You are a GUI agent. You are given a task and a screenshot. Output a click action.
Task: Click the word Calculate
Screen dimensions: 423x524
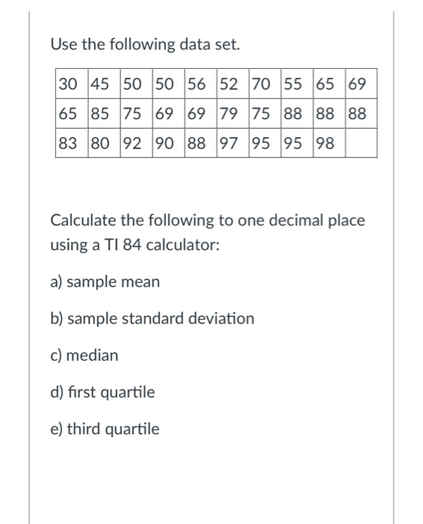tap(81, 221)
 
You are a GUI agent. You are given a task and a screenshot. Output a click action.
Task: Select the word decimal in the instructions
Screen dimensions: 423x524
tap(272, 221)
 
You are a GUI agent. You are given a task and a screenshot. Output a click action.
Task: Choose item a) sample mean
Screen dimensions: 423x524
tap(105, 282)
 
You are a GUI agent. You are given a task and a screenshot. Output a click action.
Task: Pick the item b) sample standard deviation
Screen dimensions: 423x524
tap(152, 319)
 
